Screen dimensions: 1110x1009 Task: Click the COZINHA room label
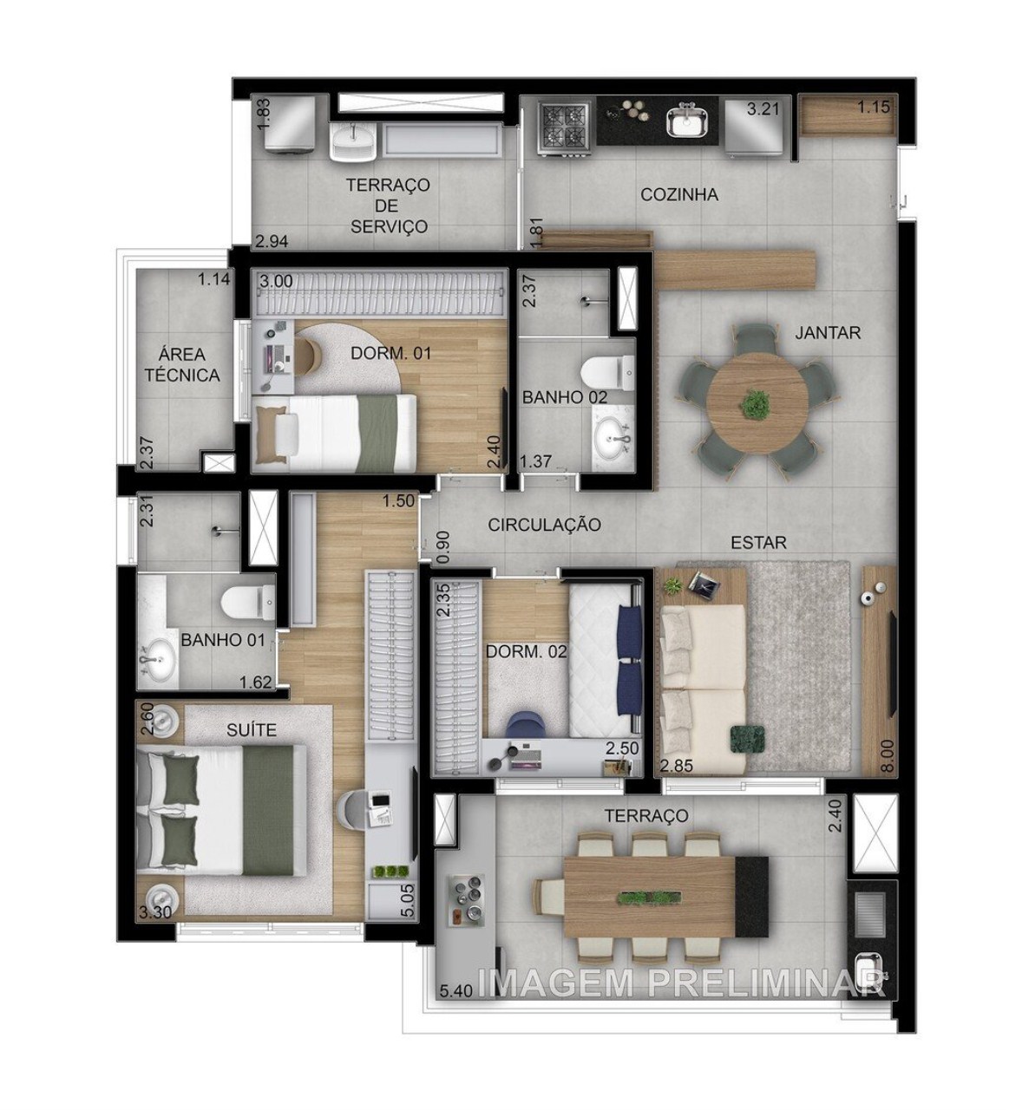[679, 194]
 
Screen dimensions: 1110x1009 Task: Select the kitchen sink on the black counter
[689, 122]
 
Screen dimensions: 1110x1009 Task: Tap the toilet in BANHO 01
[244, 600]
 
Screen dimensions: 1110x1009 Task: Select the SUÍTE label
[252, 730]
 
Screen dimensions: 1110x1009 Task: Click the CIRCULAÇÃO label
[544, 525]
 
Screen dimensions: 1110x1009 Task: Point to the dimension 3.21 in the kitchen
[764, 108]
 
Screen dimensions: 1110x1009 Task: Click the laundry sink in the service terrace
[354, 139]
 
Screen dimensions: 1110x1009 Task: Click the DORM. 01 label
[390, 353]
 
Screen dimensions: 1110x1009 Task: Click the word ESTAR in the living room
[758, 542]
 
